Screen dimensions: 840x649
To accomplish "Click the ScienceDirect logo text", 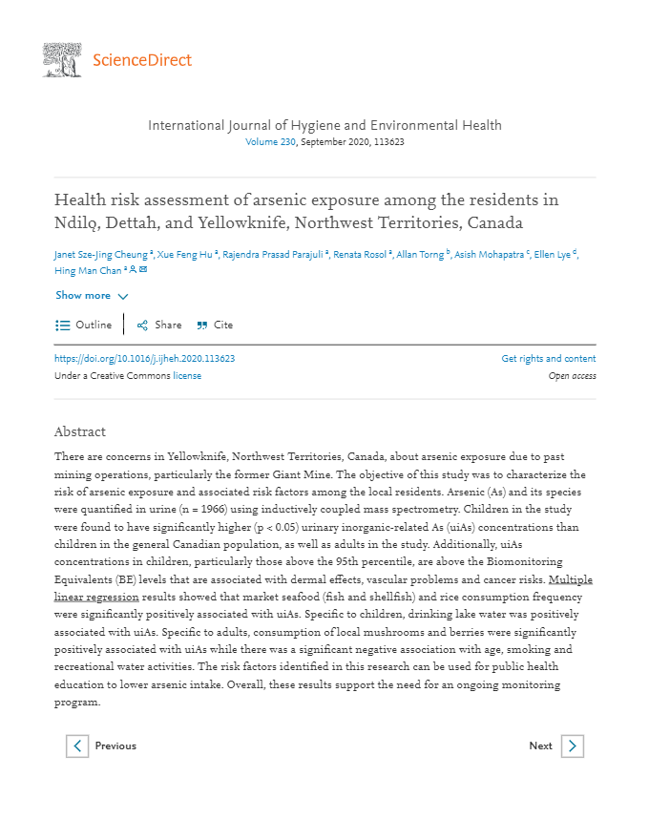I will tap(142, 60).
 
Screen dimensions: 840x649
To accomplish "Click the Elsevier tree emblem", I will tap(62, 59).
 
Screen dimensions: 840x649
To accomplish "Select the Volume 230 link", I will tap(271, 142).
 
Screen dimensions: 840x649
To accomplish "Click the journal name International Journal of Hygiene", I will tap(324, 125).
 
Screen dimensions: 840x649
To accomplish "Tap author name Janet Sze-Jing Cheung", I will tap(100, 255).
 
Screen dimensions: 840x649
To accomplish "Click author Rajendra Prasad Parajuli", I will tap(272, 255).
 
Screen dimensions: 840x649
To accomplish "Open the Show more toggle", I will tap(92, 296).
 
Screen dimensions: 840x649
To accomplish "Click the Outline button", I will tap(84, 325).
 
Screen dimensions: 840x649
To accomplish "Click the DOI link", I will tap(145, 359).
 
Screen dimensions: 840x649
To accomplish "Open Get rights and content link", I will tap(548, 359).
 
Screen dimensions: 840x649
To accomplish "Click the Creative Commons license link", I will tap(187, 376).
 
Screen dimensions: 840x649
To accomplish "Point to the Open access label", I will tap(572, 376).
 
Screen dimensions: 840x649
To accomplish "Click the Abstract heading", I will tap(80, 431).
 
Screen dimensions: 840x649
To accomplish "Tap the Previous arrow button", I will tap(77, 745).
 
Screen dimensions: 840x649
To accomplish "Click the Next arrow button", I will tap(572, 745).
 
